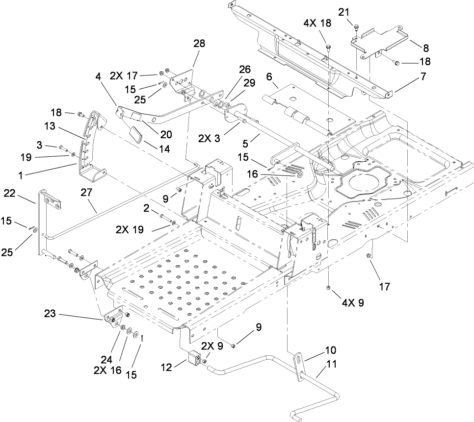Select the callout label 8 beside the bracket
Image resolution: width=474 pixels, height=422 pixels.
point(426,48)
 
